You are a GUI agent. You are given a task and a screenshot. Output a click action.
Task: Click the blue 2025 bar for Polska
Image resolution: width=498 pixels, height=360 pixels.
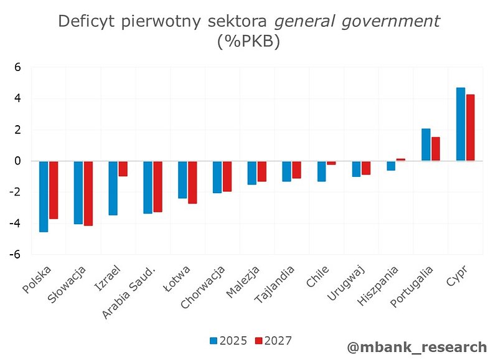44,196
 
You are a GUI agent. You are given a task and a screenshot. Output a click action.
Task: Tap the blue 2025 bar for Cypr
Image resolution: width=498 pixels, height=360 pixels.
461,124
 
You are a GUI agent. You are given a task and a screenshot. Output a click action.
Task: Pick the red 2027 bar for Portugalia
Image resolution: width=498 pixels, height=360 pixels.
435,149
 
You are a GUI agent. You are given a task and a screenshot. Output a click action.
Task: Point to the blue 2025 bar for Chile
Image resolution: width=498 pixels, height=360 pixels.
321,171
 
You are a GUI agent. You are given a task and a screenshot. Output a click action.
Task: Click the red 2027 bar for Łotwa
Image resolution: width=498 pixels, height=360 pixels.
192,182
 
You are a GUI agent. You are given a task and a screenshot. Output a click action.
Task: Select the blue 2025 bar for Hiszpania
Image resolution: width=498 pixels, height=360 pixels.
391,166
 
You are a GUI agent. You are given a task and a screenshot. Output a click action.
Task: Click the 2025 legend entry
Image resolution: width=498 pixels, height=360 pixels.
228,341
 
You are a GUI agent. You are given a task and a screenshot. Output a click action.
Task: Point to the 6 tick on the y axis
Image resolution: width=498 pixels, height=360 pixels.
18,67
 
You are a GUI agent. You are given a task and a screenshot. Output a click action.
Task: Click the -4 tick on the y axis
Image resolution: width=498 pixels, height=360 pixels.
16,224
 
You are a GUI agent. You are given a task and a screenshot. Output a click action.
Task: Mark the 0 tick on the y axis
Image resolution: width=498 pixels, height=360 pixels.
18,161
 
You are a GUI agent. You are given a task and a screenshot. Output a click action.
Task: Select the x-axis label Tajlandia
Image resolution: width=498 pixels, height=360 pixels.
273,284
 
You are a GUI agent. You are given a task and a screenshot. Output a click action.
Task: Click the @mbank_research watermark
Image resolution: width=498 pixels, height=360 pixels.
416,347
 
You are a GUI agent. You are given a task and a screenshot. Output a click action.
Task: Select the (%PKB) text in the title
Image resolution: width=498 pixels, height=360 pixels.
248,42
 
